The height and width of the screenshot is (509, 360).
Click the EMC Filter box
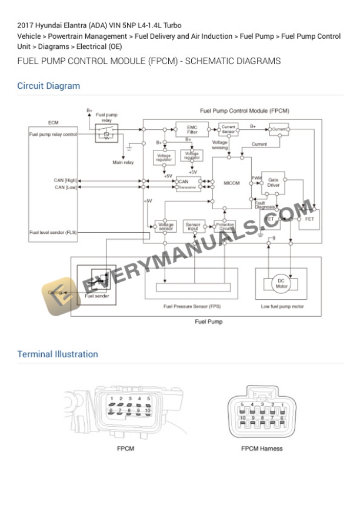192,129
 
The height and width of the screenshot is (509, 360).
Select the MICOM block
232,183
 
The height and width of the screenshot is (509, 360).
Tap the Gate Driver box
273,182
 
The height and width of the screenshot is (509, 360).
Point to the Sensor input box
192,226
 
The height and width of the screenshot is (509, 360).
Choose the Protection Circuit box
225,226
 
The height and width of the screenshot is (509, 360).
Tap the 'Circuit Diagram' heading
48,86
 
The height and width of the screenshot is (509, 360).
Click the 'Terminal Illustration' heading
58,354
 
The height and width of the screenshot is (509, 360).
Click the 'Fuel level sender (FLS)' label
53,233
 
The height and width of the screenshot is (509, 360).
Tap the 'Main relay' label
123,162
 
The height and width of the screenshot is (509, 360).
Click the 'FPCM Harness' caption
262,448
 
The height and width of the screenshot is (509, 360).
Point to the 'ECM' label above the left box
53,123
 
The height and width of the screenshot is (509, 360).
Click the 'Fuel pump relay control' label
53,134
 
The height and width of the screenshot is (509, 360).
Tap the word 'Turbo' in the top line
171,25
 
